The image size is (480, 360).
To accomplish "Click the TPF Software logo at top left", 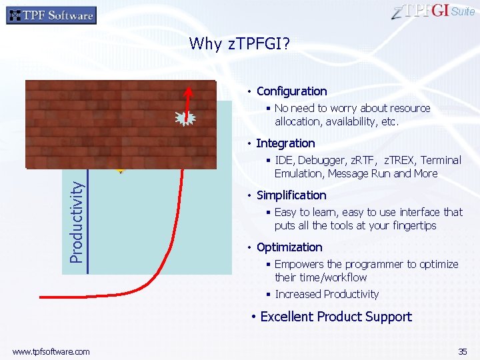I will point(51,15).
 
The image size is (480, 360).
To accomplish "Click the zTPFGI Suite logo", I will point(434,12).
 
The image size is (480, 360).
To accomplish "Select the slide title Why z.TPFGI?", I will point(239,44).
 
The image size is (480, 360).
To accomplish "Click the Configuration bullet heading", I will point(291,91).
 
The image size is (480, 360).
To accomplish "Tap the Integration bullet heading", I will point(285,143).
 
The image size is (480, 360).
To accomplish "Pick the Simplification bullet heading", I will point(291,195).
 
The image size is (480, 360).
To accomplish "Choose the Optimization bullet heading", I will point(289,247).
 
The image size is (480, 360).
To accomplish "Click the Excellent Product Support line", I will point(336,317).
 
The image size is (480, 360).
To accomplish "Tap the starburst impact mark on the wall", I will point(185,119).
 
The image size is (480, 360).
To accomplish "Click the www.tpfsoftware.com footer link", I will point(51,351).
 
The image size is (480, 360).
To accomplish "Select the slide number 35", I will point(462,351).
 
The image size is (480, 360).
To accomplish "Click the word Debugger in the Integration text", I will point(319,160).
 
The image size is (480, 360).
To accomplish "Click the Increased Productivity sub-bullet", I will point(327,294).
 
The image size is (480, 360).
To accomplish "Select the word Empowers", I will point(297,264).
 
